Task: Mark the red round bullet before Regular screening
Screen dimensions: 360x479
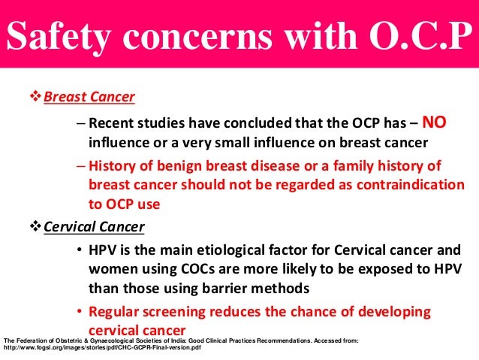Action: pos(79,311)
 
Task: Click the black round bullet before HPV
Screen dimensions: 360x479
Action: pos(79,252)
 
